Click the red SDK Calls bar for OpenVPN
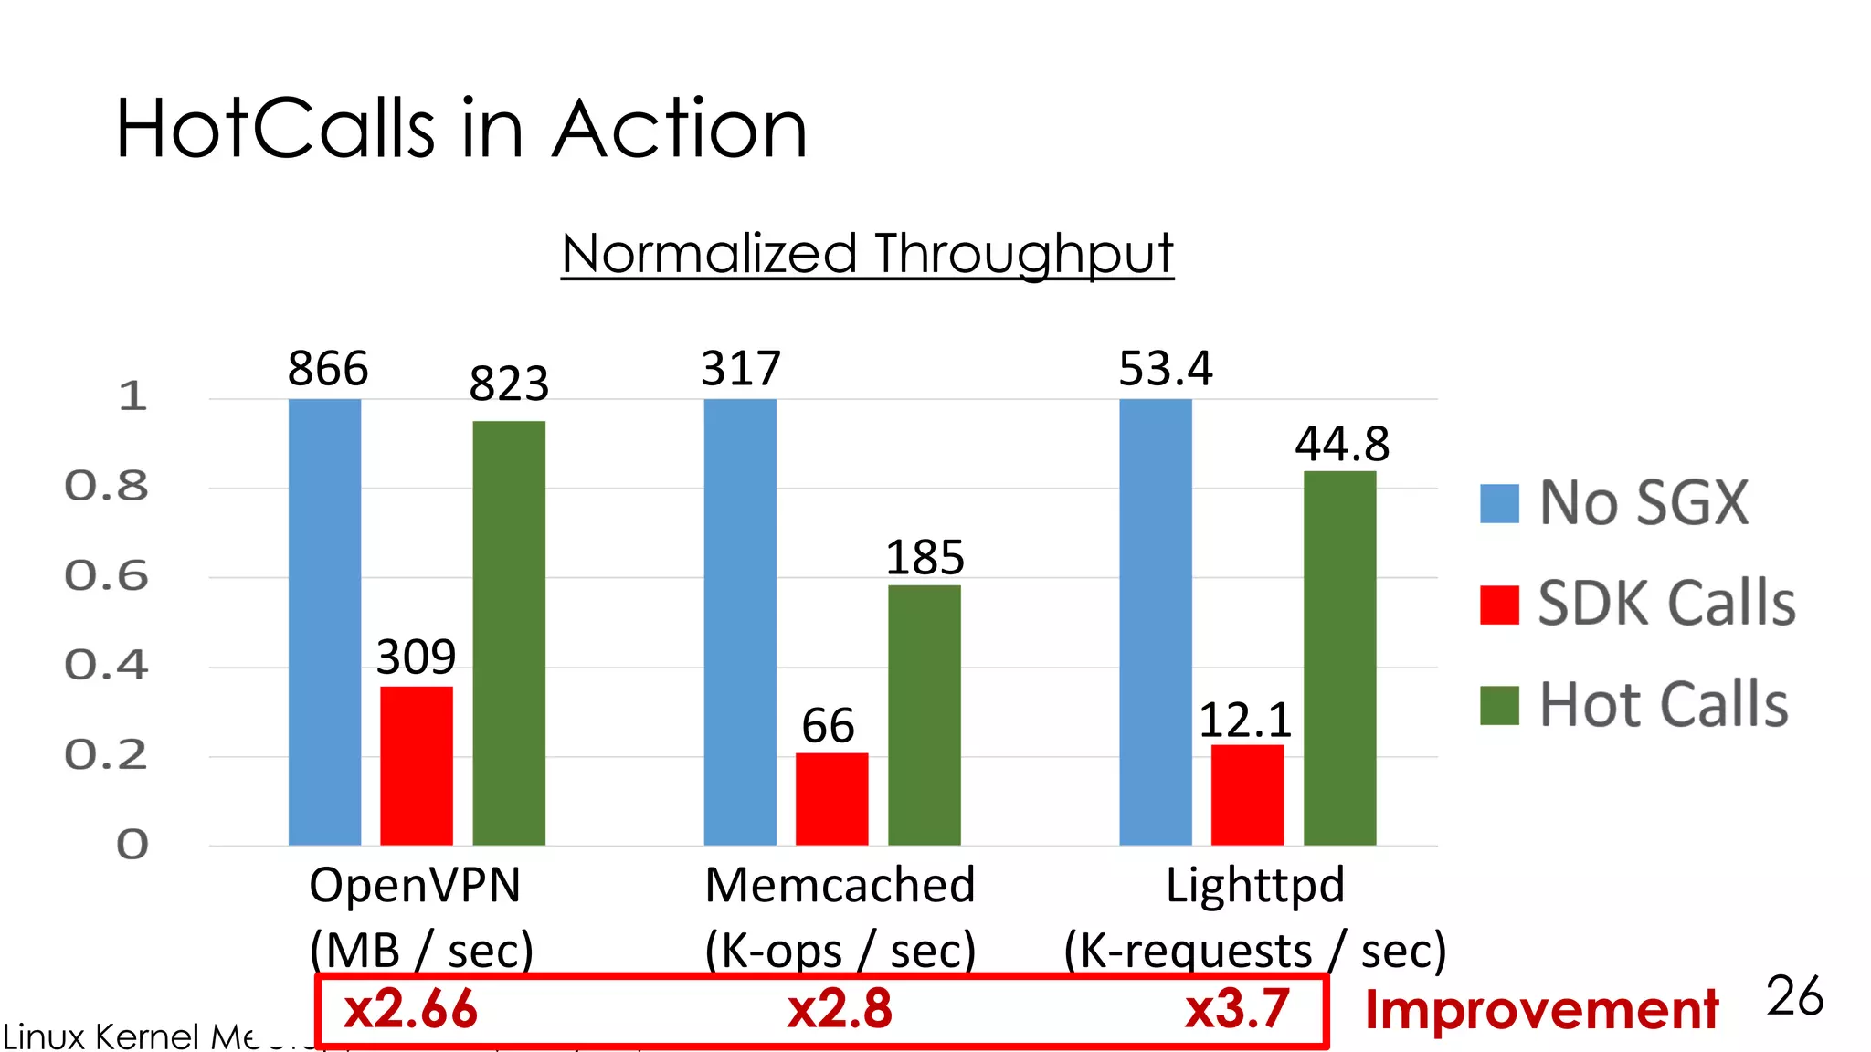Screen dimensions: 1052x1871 417,765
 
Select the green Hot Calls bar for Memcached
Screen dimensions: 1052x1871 924,714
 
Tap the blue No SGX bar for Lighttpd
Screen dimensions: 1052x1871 1156,622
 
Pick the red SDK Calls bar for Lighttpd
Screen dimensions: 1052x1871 1247,794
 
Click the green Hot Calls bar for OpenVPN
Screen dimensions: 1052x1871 509,633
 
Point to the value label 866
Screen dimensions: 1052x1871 328,369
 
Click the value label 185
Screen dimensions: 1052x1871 925,557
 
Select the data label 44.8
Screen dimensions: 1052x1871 1341,445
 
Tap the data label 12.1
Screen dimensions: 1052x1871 1244,721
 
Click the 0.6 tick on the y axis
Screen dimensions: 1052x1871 106,576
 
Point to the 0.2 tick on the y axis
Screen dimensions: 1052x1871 106,755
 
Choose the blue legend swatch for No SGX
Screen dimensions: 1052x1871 1499,503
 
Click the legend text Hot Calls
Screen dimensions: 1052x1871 1664,705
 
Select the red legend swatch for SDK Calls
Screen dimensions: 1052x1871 1499,605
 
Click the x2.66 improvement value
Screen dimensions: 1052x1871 410,1010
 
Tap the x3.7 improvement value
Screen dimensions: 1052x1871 1237,1010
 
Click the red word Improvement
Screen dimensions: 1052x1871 1541,1010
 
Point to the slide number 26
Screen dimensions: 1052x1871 1794,995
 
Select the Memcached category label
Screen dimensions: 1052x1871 840,885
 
